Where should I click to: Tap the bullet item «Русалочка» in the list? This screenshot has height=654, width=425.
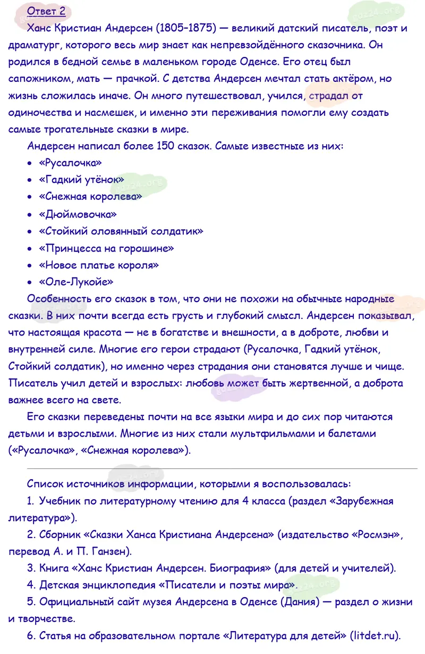click(x=70, y=163)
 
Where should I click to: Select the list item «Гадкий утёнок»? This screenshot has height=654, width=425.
click(x=81, y=180)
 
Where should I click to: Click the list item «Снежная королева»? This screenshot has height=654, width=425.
click(x=90, y=197)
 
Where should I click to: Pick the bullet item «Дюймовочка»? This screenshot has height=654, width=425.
click(x=78, y=214)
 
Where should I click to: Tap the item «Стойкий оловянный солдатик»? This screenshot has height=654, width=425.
click(x=121, y=231)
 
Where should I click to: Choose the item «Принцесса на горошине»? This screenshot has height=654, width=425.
click(x=106, y=248)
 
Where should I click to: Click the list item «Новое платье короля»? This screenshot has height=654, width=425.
click(x=99, y=265)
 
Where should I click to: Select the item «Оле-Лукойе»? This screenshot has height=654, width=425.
click(x=76, y=282)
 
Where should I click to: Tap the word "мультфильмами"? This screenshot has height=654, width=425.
click(x=272, y=434)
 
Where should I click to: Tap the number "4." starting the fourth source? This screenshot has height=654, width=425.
click(x=31, y=585)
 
